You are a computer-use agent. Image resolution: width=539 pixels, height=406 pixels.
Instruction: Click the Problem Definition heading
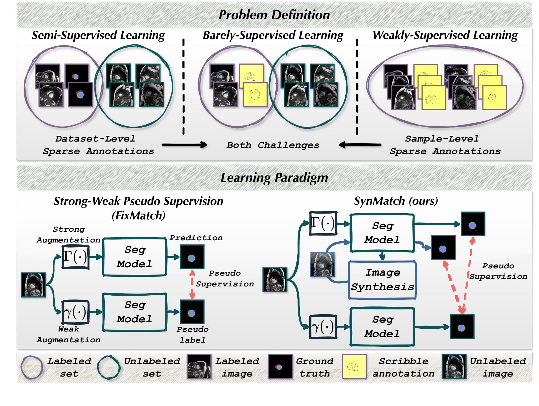(x=274, y=15)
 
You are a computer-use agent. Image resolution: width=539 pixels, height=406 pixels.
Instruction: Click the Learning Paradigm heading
(x=274, y=177)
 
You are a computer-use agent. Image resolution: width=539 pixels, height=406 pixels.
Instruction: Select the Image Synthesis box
(x=382, y=280)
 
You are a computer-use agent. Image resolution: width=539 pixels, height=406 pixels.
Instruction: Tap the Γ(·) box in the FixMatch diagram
(x=75, y=257)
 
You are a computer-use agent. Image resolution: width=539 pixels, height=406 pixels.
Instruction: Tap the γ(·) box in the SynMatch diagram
(x=323, y=327)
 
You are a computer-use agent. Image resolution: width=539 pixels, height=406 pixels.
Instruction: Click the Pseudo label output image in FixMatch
(x=192, y=312)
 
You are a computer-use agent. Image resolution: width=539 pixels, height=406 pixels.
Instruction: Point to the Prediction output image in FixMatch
(x=192, y=257)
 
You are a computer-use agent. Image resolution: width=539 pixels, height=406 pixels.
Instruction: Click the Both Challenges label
(x=273, y=145)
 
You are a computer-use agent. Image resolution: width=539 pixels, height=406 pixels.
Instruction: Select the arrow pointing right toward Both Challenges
(x=184, y=145)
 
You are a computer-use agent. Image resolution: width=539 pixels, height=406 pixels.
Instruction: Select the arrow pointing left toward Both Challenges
(x=360, y=145)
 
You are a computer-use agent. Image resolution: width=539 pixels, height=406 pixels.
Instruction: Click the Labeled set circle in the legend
(x=32, y=367)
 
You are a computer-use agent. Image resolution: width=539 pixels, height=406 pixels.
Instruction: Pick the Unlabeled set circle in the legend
(x=109, y=367)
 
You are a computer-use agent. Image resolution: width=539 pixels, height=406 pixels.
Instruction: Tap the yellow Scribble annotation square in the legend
(x=354, y=366)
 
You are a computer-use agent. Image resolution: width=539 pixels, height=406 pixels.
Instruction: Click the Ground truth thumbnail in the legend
(x=280, y=366)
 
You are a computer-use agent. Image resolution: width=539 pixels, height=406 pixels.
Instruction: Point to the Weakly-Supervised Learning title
(x=445, y=35)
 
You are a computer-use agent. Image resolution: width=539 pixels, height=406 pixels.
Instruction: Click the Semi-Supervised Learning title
(x=98, y=35)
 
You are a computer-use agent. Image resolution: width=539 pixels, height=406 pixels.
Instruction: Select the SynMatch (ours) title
(x=396, y=201)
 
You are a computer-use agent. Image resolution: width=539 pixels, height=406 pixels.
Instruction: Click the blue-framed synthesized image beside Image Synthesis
(x=322, y=264)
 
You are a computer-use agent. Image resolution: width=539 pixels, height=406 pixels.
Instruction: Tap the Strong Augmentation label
(x=68, y=234)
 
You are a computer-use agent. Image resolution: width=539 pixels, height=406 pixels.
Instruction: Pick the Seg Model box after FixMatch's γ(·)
(x=135, y=312)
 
